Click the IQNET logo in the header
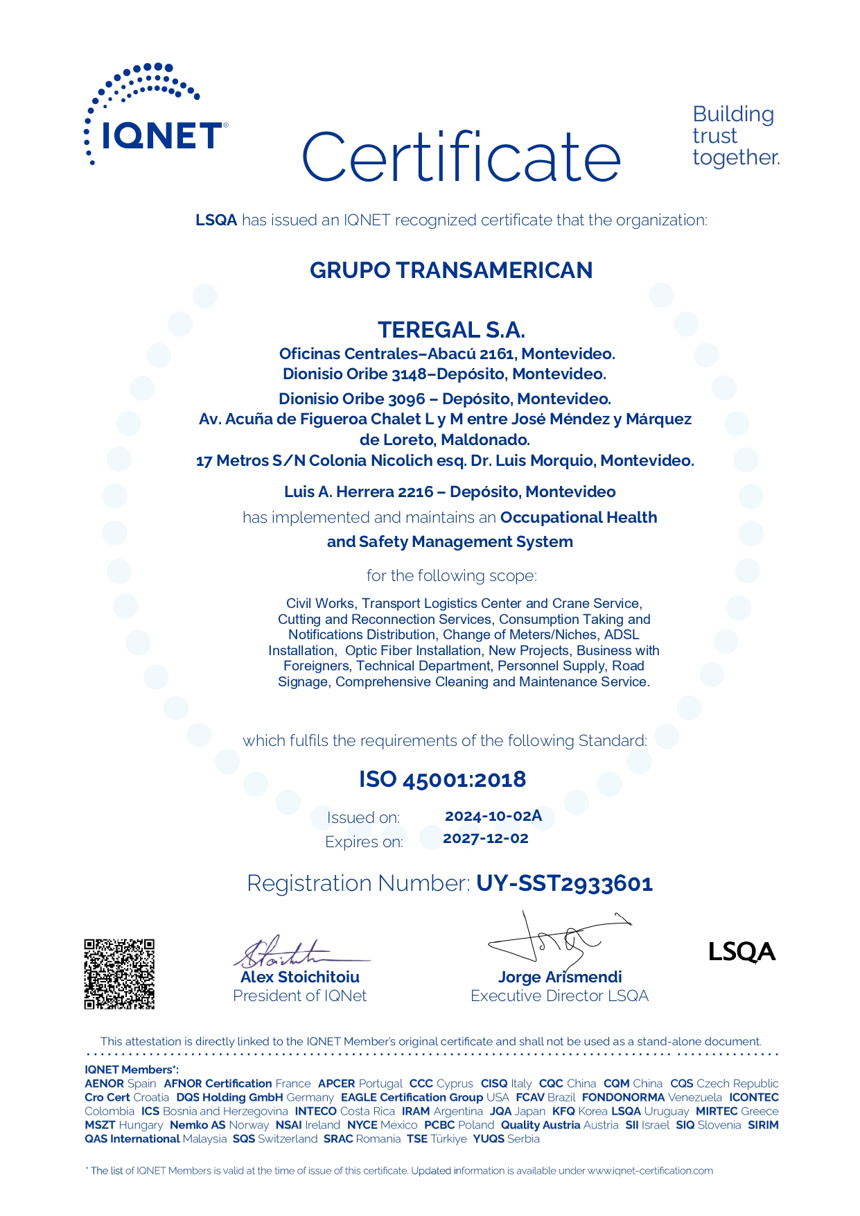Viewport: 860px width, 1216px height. [155, 114]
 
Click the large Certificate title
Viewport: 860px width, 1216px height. [461, 157]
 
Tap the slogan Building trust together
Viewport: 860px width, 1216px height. [735, 136]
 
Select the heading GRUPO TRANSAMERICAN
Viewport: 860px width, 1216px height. [451, 270]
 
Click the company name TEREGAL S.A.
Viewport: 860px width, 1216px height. [451, 329]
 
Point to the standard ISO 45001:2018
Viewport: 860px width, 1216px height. [442, 779]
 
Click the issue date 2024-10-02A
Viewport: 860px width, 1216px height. [493, 816]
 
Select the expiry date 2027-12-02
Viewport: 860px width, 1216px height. [486, 838]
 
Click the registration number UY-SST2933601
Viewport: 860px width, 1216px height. [564, 883]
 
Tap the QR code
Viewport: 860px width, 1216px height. [119, 974]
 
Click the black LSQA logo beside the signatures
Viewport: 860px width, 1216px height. [741, 952]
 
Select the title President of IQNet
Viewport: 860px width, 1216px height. [299, 996]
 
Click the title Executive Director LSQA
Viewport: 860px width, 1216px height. [559, 996]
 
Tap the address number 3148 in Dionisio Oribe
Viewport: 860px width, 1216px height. [409, 374]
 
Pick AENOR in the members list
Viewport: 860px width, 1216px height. [104, 1084]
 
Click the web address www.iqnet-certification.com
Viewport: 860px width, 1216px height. [650, 1171]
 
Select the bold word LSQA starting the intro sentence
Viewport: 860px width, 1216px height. [216, 220]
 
